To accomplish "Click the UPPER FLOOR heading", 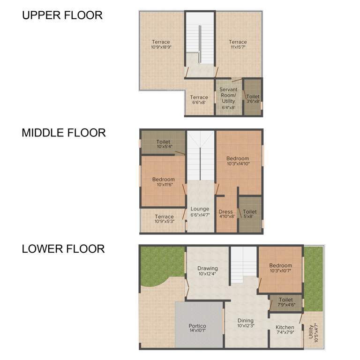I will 62,15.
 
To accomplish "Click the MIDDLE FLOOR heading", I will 64,133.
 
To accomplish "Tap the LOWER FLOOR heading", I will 63,248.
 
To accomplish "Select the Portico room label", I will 197,326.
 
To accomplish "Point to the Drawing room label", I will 208,269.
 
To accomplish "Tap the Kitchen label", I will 285,327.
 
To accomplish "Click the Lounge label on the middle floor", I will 200,209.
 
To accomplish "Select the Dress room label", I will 227,212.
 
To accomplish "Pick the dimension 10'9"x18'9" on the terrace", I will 161,47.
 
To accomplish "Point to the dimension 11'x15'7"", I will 238,47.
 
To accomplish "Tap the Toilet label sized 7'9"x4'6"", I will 285,300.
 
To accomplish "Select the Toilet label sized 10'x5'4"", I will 163,142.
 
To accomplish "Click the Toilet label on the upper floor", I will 253,97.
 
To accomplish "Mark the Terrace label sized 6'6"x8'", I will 199,97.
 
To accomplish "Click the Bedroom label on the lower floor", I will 280,265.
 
